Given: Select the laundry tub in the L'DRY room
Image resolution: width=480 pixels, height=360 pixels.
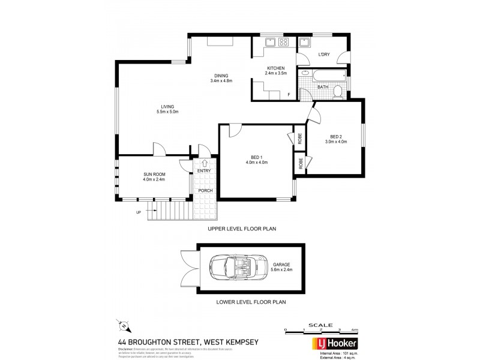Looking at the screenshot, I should point(304,42).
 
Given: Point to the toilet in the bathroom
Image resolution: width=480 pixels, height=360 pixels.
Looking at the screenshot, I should point(338,91).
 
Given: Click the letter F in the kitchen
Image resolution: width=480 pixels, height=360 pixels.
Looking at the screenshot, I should point(289,95).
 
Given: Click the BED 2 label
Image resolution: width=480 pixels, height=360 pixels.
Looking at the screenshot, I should point(336,136).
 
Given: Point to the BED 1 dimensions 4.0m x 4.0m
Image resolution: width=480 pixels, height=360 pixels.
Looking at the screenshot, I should point(255,163).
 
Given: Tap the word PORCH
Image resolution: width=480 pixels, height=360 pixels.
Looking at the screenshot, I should point(206,191).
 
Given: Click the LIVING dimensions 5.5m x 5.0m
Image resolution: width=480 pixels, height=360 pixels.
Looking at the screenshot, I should point(167,112).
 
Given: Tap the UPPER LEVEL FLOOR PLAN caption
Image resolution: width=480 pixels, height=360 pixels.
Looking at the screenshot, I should point(242,229).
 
